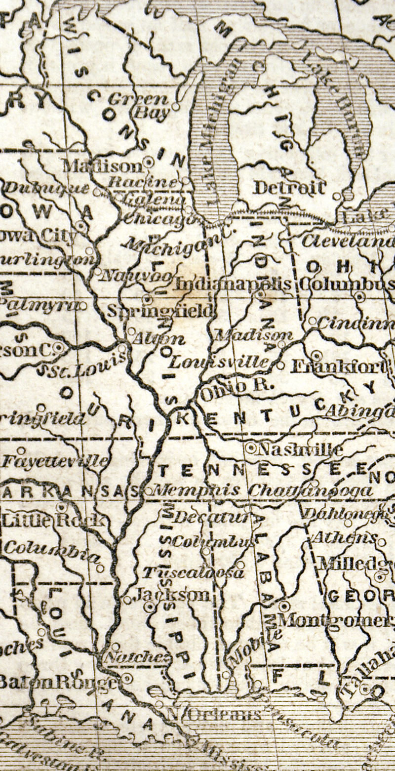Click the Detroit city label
pos(289,188)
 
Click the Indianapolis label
pos(233,284)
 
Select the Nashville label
pos(300,449)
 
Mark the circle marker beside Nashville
pos(251,448)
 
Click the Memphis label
pos(197,490)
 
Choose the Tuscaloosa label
pos(194,572)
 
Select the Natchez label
pos(136,657)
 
